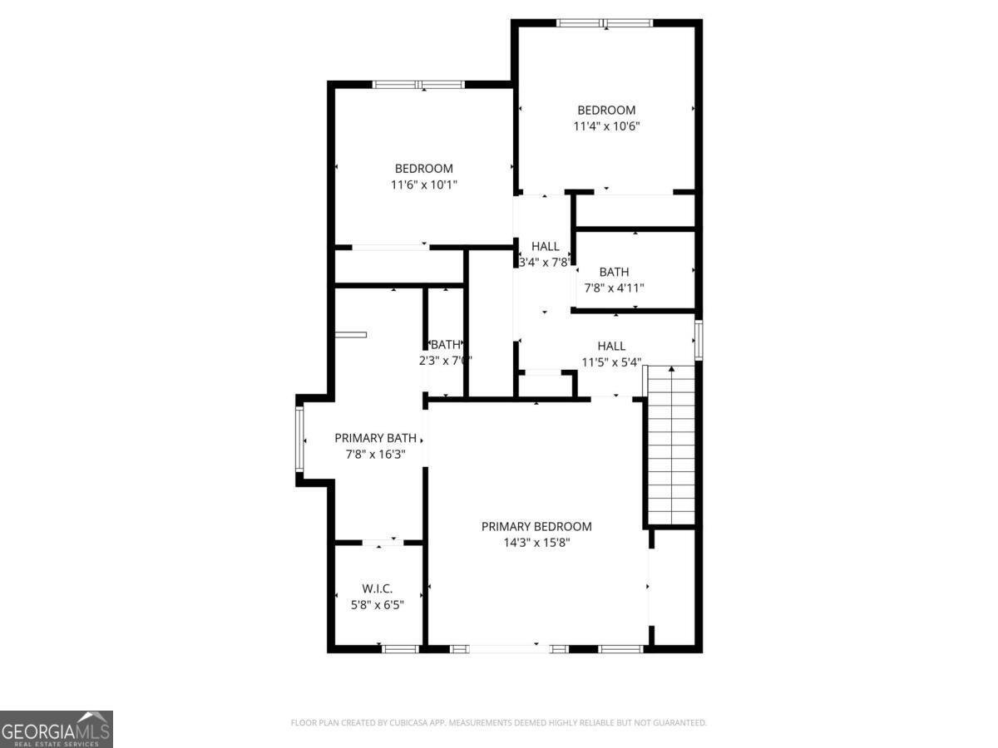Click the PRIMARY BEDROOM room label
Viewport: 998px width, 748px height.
coord(536,526)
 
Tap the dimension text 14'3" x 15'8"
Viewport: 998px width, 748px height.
coord(536,543)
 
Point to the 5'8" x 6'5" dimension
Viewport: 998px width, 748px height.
coord(377,605)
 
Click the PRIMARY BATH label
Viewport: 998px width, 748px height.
coord(375,437)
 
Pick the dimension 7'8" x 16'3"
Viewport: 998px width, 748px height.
coord(375,454)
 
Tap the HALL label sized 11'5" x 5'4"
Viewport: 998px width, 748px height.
coord(611,346)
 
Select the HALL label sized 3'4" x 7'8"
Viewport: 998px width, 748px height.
coord(546,246)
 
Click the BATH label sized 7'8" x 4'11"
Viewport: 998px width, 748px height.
coord(614,272)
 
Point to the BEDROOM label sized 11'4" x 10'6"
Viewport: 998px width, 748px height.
coord(606,110)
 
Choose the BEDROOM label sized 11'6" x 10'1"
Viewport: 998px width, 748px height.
coord(423,168)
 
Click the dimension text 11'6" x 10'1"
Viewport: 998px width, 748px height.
coord(423,185)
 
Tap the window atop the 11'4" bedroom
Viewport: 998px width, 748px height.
coord(605,23)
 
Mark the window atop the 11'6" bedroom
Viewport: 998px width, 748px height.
coord(418,85)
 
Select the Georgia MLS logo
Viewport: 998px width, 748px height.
coord(56,729)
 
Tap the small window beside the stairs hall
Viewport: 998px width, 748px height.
coord(699,340)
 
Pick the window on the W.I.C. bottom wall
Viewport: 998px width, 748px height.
coord(400,648)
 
